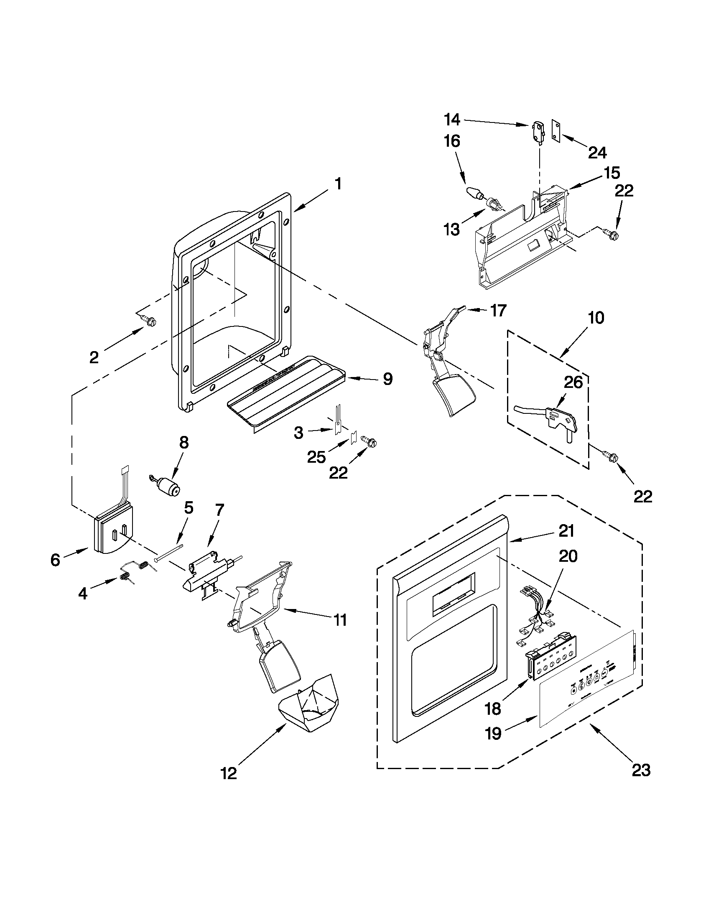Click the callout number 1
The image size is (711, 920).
pyautogui.click(x=338, y=184)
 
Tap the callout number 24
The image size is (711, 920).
pyautogui.click(x=597, y=153)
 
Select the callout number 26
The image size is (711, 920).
pyautogui.click(x=573, y=382)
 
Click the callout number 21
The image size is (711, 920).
pyautogui.click(x=566, y=531)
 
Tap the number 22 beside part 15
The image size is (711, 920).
pyautogui.click(x=624, y=191)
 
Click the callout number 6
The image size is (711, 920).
pyautogui.click(x=55, y=560)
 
